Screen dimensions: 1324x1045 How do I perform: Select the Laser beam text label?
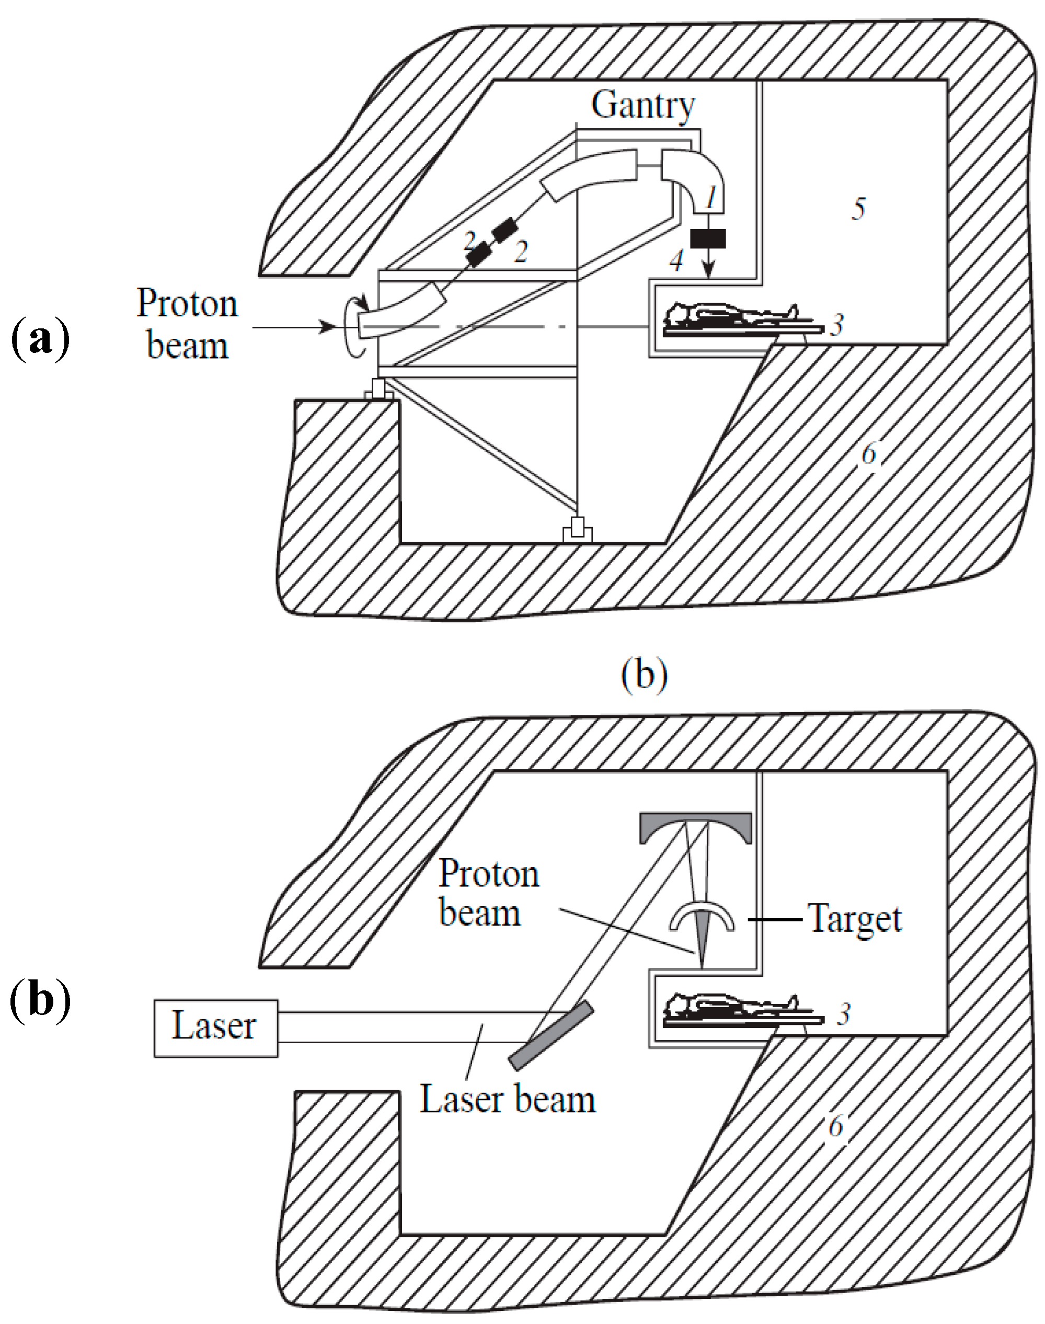point(507,1100)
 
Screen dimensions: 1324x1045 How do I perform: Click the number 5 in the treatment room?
point(859,209)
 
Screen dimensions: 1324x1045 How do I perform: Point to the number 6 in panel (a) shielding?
point(869,454)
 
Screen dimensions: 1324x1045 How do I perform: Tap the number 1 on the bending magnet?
point(711,198)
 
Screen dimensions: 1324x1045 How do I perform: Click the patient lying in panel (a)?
point(731,317)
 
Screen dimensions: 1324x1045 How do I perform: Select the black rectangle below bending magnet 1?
point(708,238)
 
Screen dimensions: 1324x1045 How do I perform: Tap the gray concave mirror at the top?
point(695,828)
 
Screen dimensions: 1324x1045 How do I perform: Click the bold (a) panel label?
point(40,339)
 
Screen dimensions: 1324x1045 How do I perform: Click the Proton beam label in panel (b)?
point(488,893)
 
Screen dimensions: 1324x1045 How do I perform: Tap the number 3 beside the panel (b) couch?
point(844,1015)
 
